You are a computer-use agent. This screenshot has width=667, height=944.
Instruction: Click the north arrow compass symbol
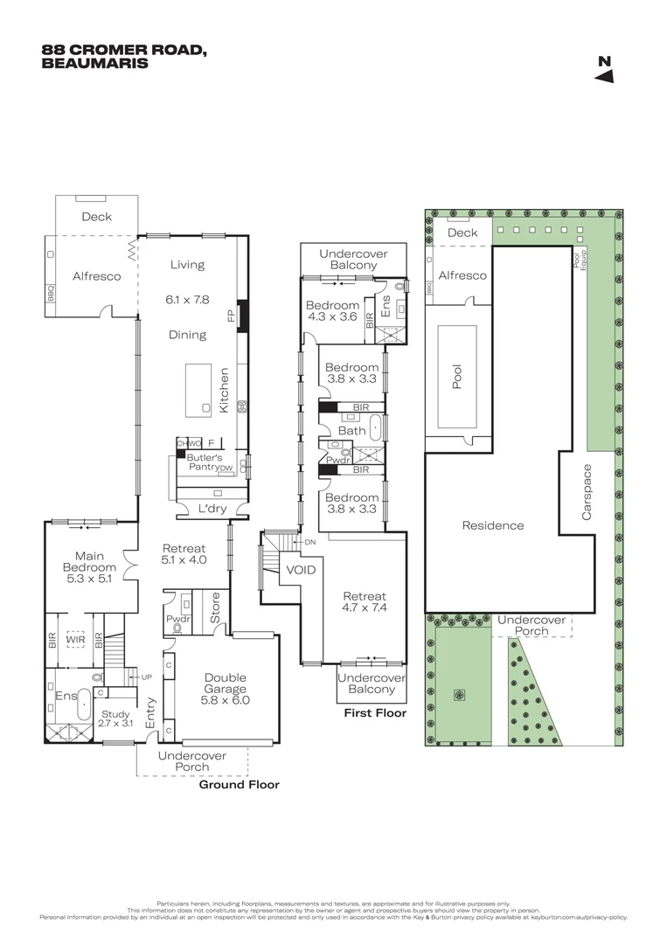[605, 70]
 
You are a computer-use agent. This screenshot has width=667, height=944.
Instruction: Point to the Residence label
[493, 525]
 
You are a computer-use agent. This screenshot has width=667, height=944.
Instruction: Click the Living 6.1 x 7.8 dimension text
[187, 299]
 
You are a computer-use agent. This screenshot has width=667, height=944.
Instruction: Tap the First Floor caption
[375, 713]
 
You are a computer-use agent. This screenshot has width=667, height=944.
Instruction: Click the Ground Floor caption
[240, 785]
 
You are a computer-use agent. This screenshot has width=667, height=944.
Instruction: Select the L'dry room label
[212, 508]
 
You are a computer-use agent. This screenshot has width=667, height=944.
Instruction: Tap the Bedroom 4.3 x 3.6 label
[331, 311]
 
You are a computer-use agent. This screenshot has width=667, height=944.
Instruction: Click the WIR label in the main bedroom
[74, 640]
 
